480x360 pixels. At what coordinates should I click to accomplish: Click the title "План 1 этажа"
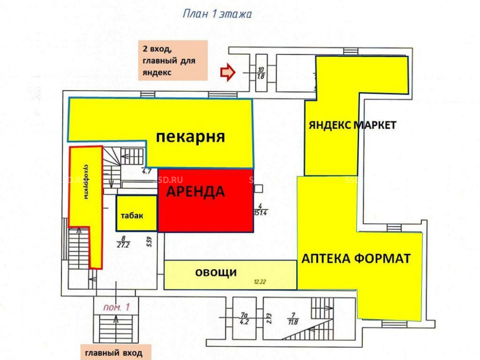pos(217,14)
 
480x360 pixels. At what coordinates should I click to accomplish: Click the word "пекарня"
pos(191,137)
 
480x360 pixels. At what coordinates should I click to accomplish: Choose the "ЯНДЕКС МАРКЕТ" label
pos(352,125)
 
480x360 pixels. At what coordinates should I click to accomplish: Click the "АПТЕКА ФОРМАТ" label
pos(356,258)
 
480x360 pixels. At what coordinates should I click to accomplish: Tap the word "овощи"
pos(216,273)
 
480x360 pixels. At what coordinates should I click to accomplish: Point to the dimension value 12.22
pos(260,282)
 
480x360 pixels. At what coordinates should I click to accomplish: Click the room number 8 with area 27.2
pos(124,241)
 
